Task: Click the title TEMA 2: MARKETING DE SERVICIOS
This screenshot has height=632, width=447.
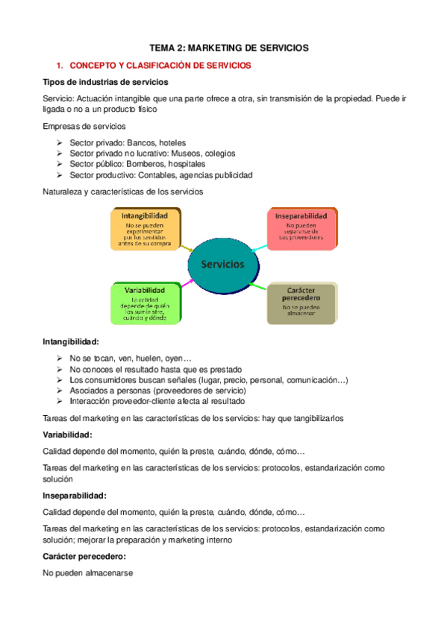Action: [229, 48]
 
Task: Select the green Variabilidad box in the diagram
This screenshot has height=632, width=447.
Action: [145, 303]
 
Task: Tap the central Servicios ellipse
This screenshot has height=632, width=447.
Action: [222, 265]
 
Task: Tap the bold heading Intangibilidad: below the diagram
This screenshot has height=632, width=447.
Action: [71, 342]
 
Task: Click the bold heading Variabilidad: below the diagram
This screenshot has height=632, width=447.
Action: [67, 434]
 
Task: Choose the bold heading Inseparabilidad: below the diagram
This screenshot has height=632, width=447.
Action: [74, 496]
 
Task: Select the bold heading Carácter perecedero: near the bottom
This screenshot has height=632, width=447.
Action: [84, 557]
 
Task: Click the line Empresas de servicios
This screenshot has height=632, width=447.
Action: [83, 126]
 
